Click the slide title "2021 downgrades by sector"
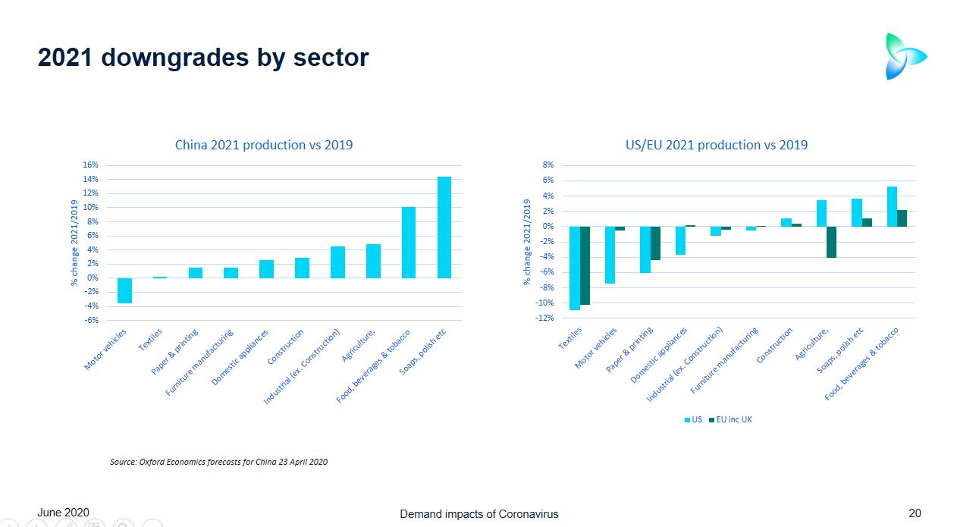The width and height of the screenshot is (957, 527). (203, 58)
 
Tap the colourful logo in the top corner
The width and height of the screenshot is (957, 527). (905, 56)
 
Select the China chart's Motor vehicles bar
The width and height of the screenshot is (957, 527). (124, 290)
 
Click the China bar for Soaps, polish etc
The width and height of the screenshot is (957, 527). (444, 227)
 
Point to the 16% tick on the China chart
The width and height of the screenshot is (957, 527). (90, 165)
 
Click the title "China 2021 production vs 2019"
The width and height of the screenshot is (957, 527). (264, 145)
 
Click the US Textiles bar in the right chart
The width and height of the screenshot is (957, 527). (574, 268)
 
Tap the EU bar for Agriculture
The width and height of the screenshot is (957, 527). (831, 242)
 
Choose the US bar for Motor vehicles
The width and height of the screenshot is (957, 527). (610, 255)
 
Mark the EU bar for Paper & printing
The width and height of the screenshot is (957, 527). (655, 243)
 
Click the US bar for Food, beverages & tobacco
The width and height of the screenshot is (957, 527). (892, 206)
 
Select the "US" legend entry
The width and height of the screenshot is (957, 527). (693, 419)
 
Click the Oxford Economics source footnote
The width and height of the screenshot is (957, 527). (218, 461)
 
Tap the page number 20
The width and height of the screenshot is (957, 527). (915, 513)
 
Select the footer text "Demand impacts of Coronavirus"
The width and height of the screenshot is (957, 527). (478, 514)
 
